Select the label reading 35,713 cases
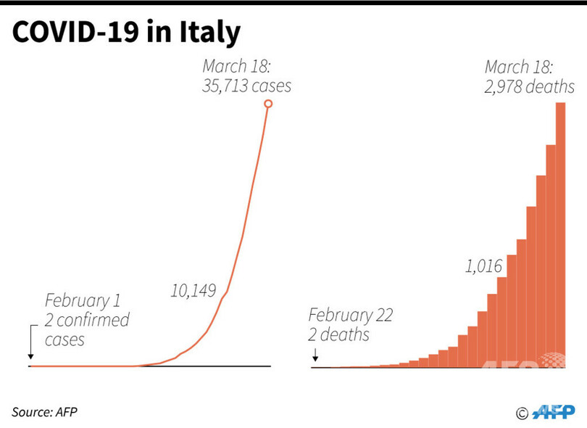246,86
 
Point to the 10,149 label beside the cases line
193,291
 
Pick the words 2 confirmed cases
86,329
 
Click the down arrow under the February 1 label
31,343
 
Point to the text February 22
350,316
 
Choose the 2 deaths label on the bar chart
338,335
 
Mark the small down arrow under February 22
316,355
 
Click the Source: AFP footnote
44,412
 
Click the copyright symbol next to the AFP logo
522,413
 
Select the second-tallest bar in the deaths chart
551,255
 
